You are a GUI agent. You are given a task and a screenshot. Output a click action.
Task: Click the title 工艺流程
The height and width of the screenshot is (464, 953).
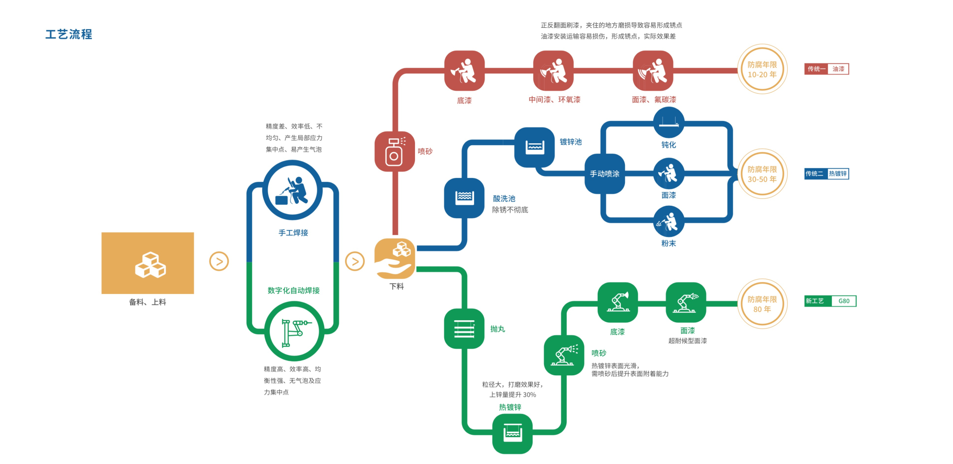click(x=68, y=34)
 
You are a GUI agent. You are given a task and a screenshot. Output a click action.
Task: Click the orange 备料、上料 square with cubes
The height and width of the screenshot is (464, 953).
click(x=147, y=263)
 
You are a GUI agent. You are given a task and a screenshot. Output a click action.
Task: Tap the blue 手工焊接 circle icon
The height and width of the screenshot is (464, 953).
click(x=292, y=190)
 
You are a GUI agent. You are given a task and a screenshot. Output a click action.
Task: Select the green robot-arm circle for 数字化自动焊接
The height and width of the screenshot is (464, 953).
click(x=294, y=331)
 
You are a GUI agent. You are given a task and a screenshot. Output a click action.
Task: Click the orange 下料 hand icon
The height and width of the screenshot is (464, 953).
click(x=395, y=259)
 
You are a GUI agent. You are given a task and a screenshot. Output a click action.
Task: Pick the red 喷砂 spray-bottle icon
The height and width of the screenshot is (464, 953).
click(x=395, y=151)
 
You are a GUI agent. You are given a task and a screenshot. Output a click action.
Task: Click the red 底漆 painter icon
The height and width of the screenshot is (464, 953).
click(x=464, y=70)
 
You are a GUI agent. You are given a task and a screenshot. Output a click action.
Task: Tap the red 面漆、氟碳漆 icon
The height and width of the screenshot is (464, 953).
click(x=653, y=70)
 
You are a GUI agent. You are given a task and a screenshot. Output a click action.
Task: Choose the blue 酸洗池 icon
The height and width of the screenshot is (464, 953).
click(x=464, y=198)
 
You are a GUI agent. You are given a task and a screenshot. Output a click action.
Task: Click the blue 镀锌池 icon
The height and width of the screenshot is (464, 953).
click(x=534, y=147)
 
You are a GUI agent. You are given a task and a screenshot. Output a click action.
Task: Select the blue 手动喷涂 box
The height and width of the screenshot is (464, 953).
click(x=605, y=174)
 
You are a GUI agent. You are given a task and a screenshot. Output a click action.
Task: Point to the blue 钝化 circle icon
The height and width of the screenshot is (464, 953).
click(x=669, y=122)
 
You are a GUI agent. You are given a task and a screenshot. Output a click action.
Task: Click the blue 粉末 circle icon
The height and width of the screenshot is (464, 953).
click(x=669, y=222)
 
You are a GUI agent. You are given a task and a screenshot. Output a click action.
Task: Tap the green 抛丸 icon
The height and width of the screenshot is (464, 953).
click(x=464, y=328)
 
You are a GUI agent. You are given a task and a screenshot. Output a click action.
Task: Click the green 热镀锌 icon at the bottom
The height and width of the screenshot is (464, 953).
click(x=512, y=434)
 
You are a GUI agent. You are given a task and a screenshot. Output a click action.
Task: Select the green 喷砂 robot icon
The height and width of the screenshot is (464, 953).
click(x=564, y=355)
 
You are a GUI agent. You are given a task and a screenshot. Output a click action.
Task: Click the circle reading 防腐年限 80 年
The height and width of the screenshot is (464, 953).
click(x=762, y=303)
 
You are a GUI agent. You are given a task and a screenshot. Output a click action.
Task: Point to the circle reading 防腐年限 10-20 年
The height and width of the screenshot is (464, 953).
click(x=762, y=69)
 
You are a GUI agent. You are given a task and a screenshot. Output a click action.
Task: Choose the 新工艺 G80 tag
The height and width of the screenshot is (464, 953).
click(x=830, y=301)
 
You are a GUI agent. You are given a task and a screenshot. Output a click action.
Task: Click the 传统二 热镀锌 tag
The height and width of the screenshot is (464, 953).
click(x=826, y=174)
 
